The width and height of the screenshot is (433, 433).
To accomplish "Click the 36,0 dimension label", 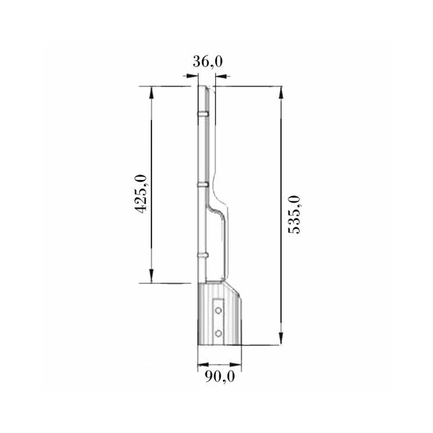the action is coord(208,61).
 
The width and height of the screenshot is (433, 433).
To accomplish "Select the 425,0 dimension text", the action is coord(140,193).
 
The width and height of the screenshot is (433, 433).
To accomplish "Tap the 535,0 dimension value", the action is coord(294,215).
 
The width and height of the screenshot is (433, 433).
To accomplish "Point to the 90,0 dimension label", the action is coord(220,376).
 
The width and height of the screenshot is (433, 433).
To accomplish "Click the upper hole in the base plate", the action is coord(218,310).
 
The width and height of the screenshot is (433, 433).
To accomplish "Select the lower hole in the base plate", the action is coord(218,333).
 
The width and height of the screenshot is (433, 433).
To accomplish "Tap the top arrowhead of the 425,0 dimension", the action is coord(151,93).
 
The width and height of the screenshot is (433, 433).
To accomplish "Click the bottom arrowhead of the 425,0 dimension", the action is coord(151,277).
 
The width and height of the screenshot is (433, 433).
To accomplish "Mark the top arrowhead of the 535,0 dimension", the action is coord(281,93).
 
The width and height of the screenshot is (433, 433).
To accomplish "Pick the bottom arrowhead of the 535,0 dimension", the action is coord(281,339).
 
